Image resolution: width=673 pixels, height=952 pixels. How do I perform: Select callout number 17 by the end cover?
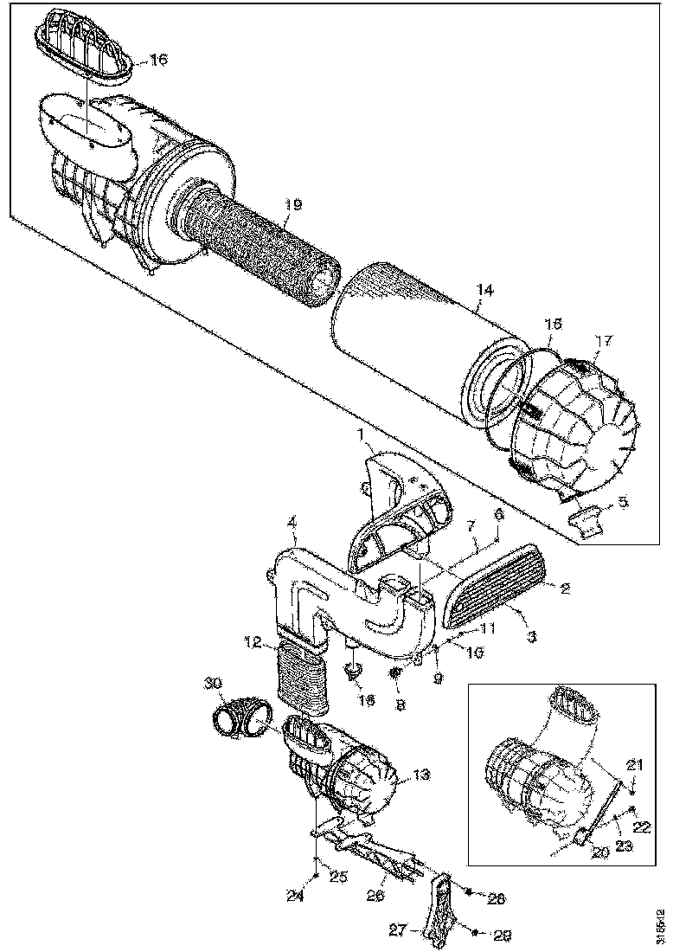603,341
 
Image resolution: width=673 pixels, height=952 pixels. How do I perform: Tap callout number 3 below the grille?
531,637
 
